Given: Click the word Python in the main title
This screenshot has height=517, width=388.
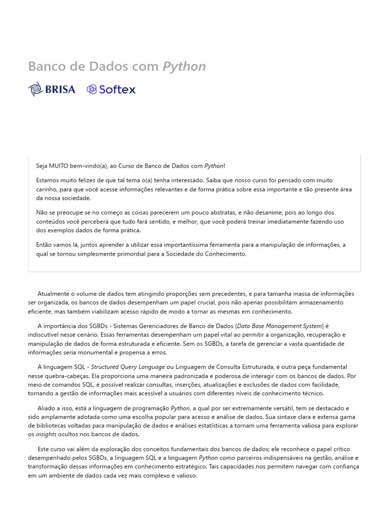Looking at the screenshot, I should (184, 67).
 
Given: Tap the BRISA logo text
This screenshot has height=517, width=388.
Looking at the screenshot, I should (60, 89).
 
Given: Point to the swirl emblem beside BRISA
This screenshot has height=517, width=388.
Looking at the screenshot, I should (35, 89).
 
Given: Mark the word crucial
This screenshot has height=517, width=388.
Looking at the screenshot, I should (202, 302).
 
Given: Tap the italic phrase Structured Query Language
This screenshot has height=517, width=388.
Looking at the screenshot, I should (128, 367).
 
